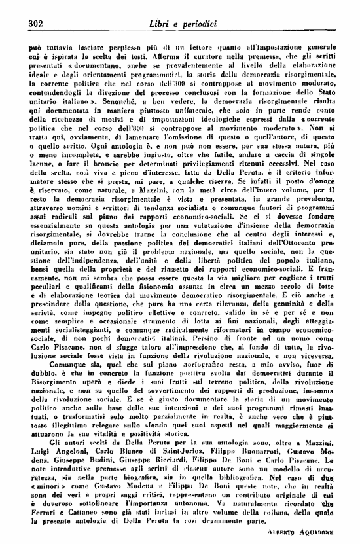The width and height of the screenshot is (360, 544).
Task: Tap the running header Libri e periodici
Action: click(181, 24)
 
